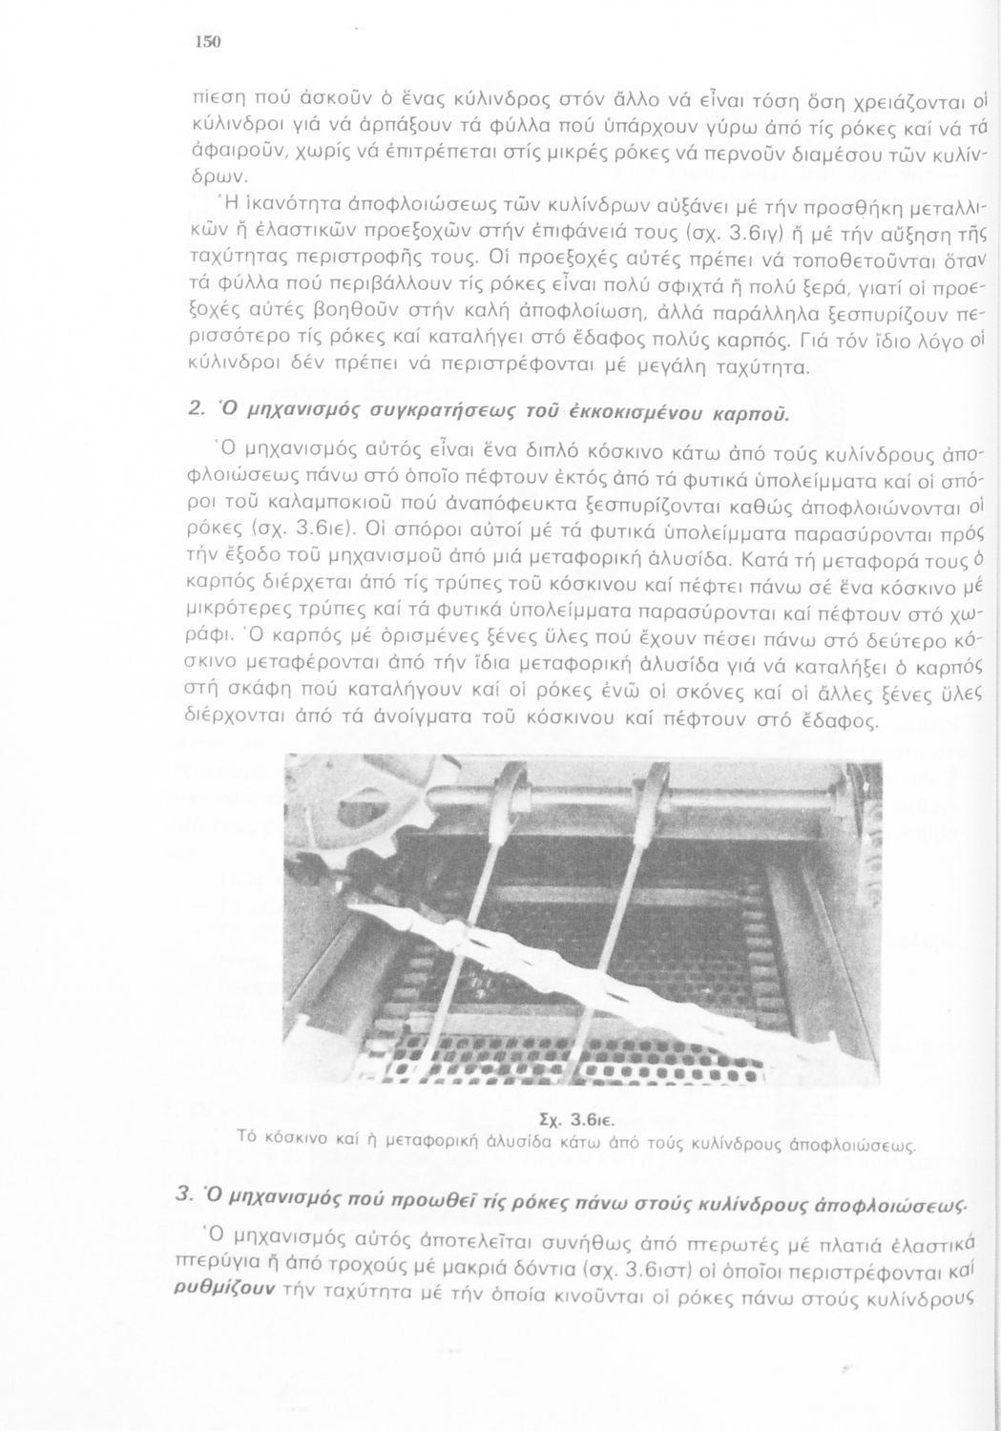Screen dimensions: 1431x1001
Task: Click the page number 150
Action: [x=207, y=41]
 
